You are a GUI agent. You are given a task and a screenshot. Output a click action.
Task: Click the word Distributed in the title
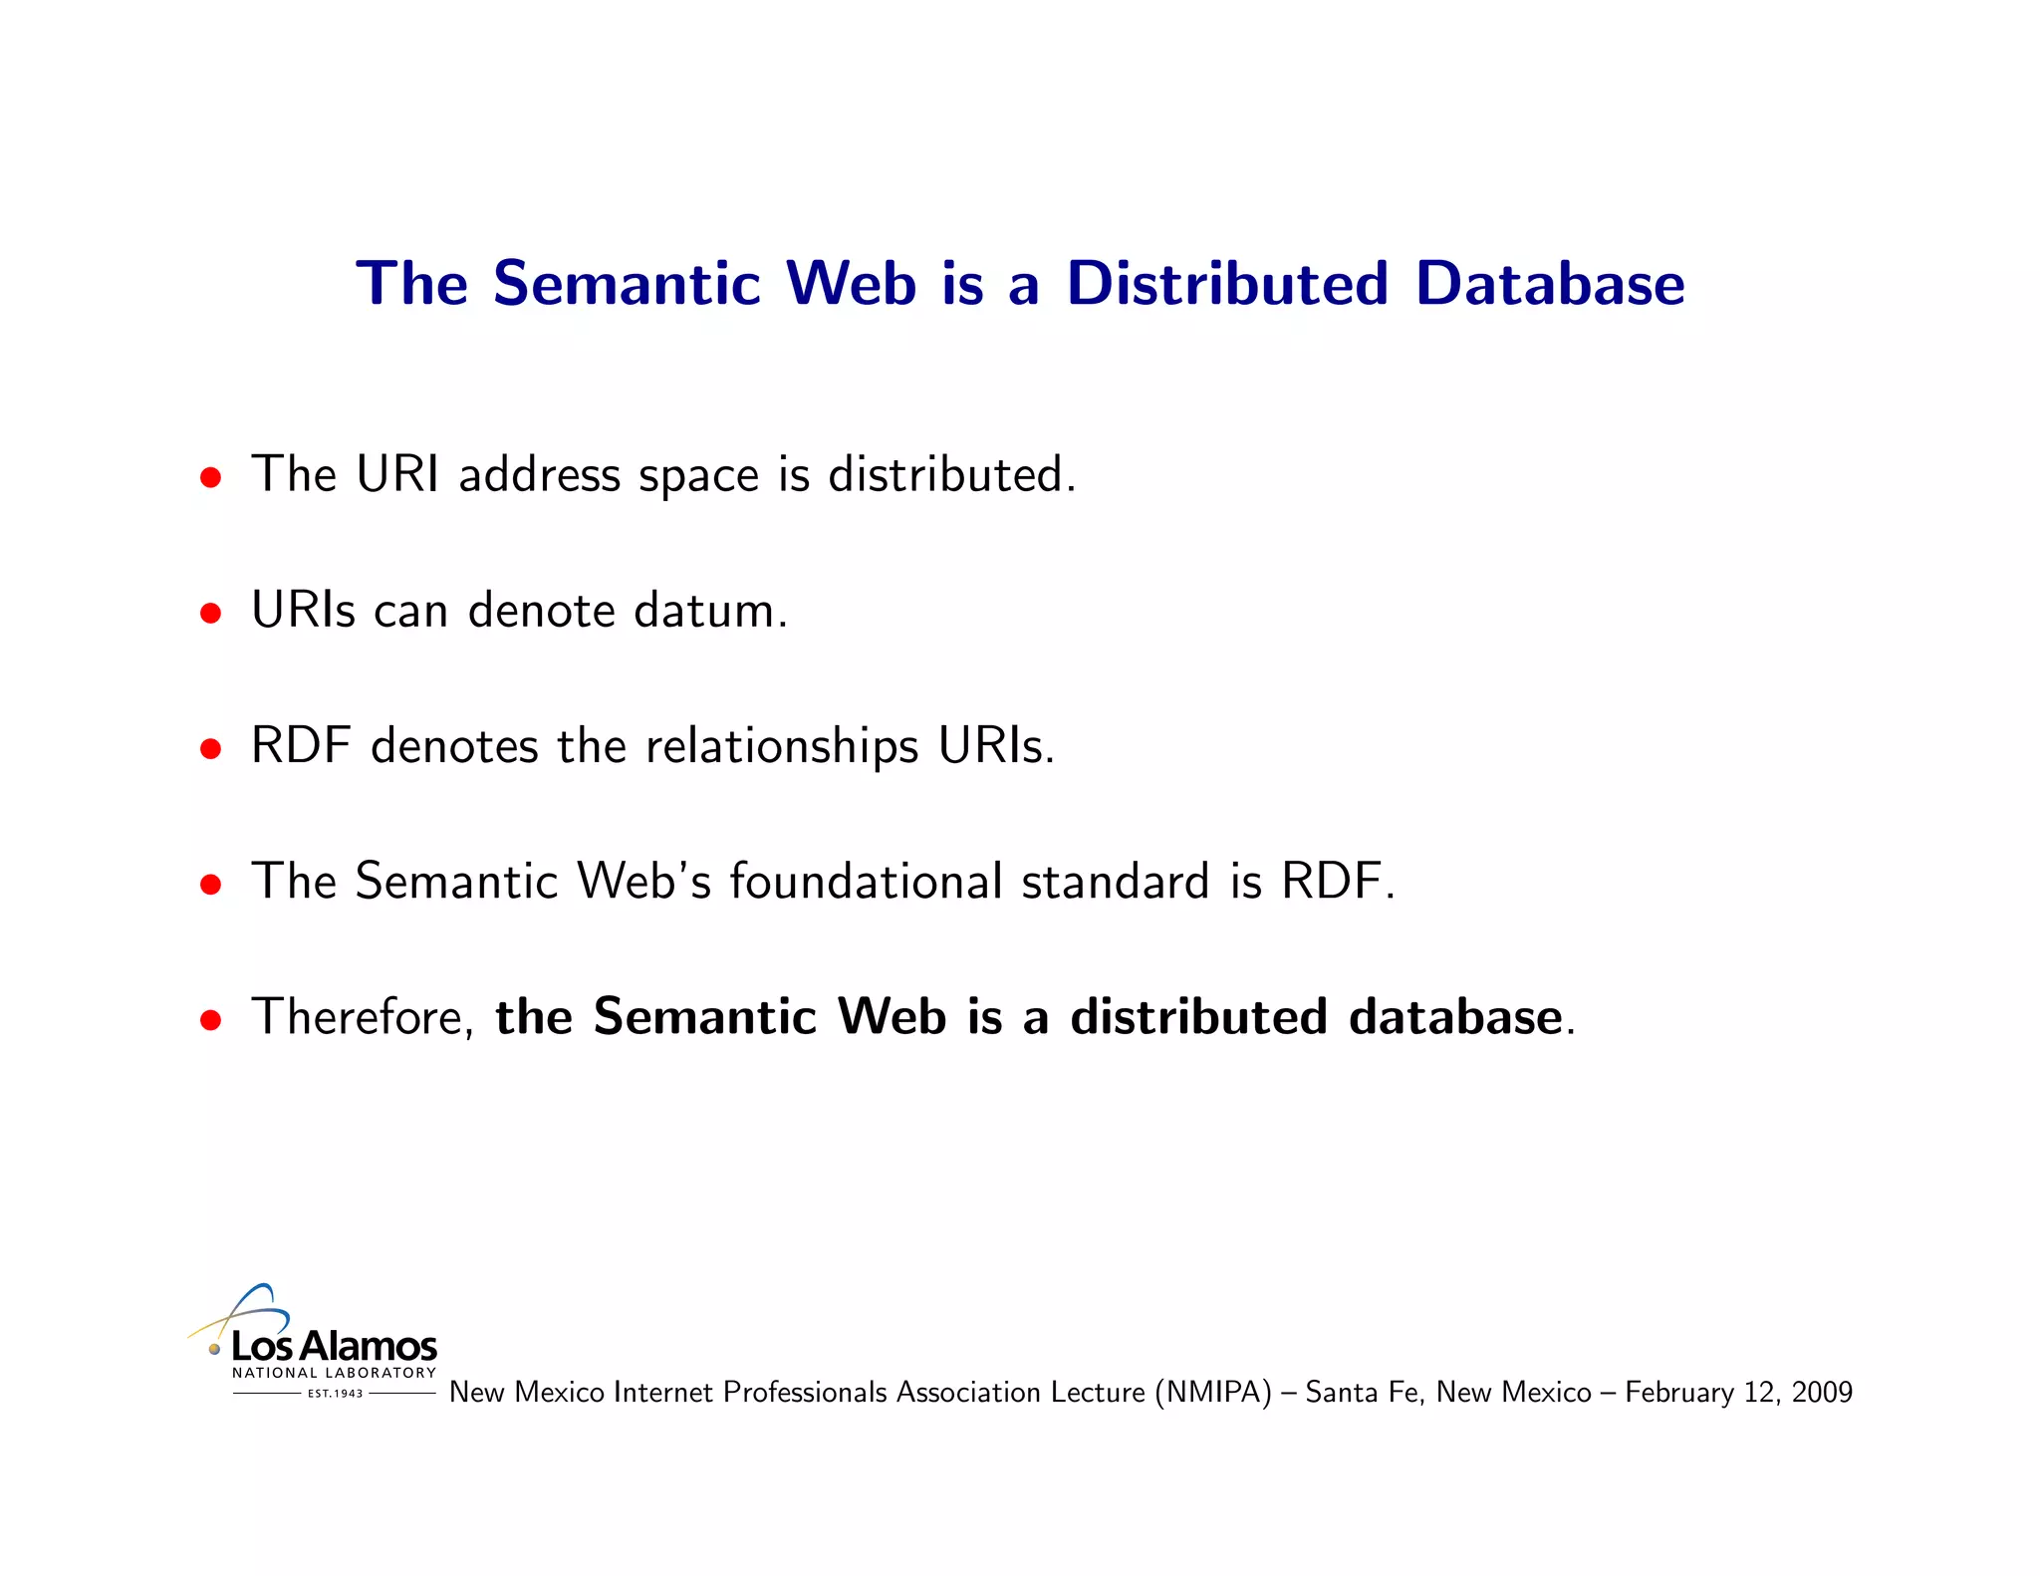[x=1227, y=284]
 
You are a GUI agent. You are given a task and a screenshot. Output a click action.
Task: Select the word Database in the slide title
[x=1550, y=284]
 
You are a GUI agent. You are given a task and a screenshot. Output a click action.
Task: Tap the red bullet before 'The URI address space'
[x=210, y=477]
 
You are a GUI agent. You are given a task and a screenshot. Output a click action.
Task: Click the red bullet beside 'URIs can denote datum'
[x=210, y=613]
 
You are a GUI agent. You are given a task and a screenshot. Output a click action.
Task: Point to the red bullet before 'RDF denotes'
[x=210, y=748]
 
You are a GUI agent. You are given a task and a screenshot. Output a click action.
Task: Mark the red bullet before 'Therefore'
[x=210, y=1020]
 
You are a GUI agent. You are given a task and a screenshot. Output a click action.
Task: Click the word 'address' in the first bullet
[x=539, y=474]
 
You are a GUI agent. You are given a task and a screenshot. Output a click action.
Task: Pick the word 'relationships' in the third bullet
[x=782, y=747]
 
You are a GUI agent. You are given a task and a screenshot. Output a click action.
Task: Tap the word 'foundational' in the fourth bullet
[x=866, y=882]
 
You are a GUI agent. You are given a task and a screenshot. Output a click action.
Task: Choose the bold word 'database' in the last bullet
[x=1454, y=1017]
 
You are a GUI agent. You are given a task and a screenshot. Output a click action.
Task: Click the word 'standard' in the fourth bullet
[x=1116, y=882]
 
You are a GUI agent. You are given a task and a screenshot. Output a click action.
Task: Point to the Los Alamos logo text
[x=334, y=1347]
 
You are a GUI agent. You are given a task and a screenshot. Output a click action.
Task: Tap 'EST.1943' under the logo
[x=335, y=1394]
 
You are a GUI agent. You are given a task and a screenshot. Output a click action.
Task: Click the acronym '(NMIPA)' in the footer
[x=1213, y=1392]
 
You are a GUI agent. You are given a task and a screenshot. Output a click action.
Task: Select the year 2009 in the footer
[x=1822, y=1392]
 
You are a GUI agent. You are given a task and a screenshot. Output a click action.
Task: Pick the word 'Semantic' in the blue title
[x=628, y=284]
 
